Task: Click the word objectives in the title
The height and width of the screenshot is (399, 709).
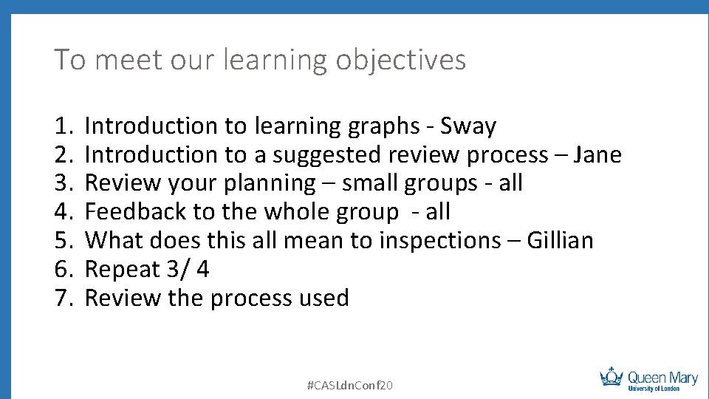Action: tap(401, 60)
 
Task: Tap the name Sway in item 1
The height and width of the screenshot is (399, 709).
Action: tap(468, 126)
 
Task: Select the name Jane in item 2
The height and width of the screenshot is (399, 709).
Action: tap(597, 155)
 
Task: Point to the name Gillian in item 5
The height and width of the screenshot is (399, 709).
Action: tap(560, 241)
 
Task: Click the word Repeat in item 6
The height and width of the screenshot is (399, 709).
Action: tap(123, 270)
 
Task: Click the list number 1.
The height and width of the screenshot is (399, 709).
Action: tap(63, 126)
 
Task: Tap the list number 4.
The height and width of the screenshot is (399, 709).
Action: tap(63, 212)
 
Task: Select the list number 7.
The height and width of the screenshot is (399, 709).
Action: tap(63, 299)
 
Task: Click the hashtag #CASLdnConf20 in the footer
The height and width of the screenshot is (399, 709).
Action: tap(349, 385)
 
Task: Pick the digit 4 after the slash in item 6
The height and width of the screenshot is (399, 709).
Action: tap(202, 270)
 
